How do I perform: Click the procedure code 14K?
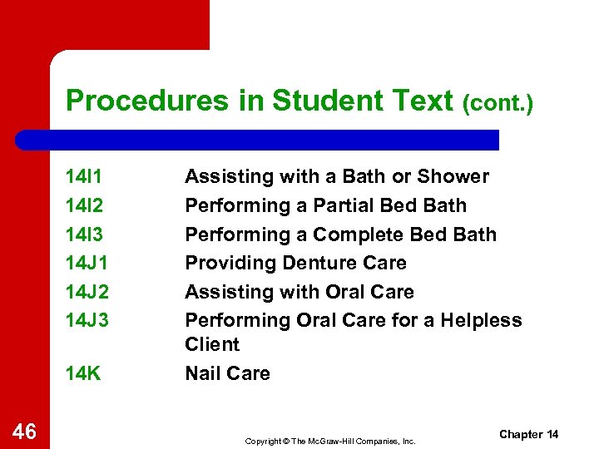coord(84,374)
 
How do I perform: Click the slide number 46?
coord(25,431)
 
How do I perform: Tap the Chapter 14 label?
coord(529,435)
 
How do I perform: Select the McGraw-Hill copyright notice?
coord(330,441)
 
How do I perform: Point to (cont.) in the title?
coord(497,104)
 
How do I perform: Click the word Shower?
coord(453,177)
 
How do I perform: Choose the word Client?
coord(212,344)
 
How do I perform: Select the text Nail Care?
coord(227,374)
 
